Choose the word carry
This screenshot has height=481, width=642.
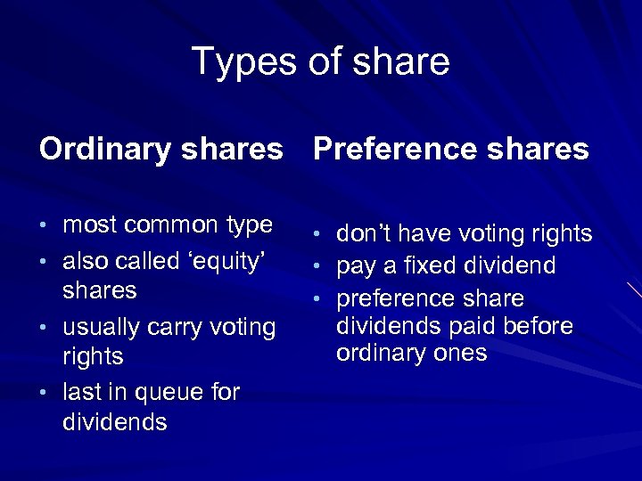point(174,327)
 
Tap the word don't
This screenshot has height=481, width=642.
point(363,233)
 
